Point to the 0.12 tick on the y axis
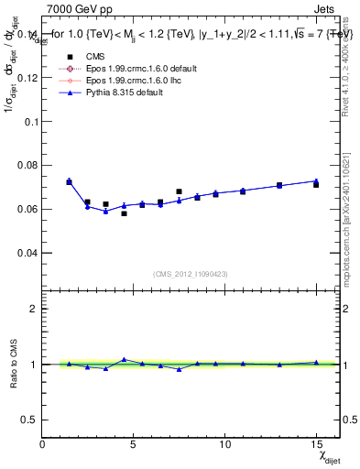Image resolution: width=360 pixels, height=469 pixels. pos(29,78)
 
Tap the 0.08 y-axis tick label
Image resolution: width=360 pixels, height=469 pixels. pos(29,165)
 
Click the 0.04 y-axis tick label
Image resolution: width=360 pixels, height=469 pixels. pos(29,252)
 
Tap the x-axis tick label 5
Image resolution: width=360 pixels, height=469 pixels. pos(135,444)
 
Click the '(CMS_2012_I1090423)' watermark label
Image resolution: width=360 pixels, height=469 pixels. pos(191,273)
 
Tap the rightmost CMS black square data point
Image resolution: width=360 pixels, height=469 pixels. pos(316,184)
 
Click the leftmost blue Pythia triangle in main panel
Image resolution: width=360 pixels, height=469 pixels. pos(69,181)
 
